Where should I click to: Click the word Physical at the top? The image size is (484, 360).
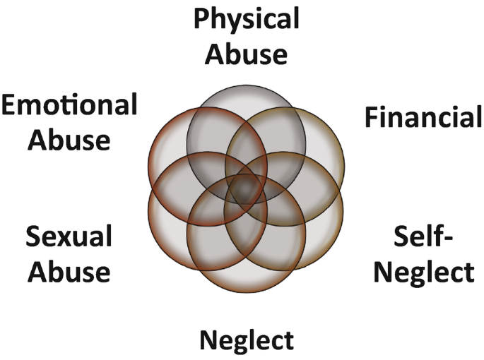[247, 20]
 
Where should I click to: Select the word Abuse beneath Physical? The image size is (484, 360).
[247, 54]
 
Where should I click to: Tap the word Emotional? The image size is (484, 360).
[69, 105]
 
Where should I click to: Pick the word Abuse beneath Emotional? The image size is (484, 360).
[69, 139]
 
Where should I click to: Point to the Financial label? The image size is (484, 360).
[423, 117]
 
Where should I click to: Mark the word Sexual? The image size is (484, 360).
[69, 237]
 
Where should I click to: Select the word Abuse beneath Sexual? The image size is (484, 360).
[69, 272]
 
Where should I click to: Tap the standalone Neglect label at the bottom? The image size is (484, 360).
[247, 341]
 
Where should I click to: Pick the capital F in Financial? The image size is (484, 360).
[372, 117]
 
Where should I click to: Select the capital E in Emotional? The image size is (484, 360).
[10, 105]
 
